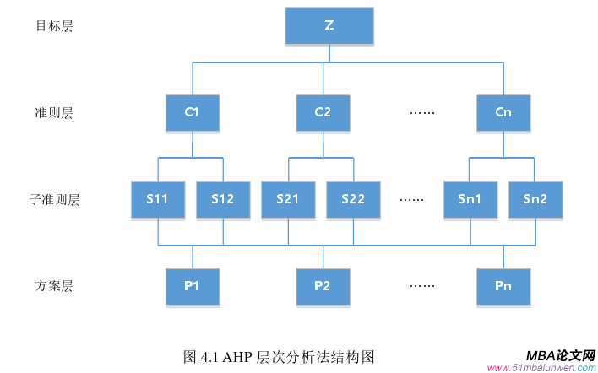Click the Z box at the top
point(329,26)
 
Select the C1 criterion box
point(192,112)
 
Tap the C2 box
point(322,112)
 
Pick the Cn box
point(504,112)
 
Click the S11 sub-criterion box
point(158,199)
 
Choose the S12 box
point(223,199)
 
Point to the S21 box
point(288,199)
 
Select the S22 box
point(353,199)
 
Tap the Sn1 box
point(470,199)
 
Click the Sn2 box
point(535,199)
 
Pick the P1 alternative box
point(192,286)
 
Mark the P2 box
point(322,286)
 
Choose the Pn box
point(504,286)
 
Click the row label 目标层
point(54,26)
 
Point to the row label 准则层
point(54,113)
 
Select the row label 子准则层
point(54,200)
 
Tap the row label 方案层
point(54,286)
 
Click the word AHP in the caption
point(238,356)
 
